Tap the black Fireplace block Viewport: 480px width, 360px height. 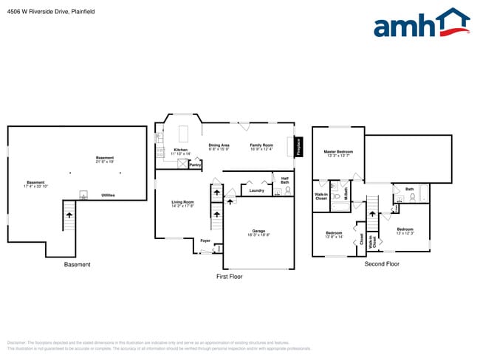point(299,147)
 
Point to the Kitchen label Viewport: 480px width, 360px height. point(180,151)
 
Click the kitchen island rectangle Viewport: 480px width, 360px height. point(184,132)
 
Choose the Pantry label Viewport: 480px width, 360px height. point(195,165)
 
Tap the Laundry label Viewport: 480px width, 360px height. point(257,191)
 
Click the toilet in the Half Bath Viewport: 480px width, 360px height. point(278,190)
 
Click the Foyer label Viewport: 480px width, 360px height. point(205,240)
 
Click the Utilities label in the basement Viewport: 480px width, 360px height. point(108,195)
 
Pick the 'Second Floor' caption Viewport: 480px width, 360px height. point(382,263)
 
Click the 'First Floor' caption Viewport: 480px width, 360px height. point(229,276)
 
